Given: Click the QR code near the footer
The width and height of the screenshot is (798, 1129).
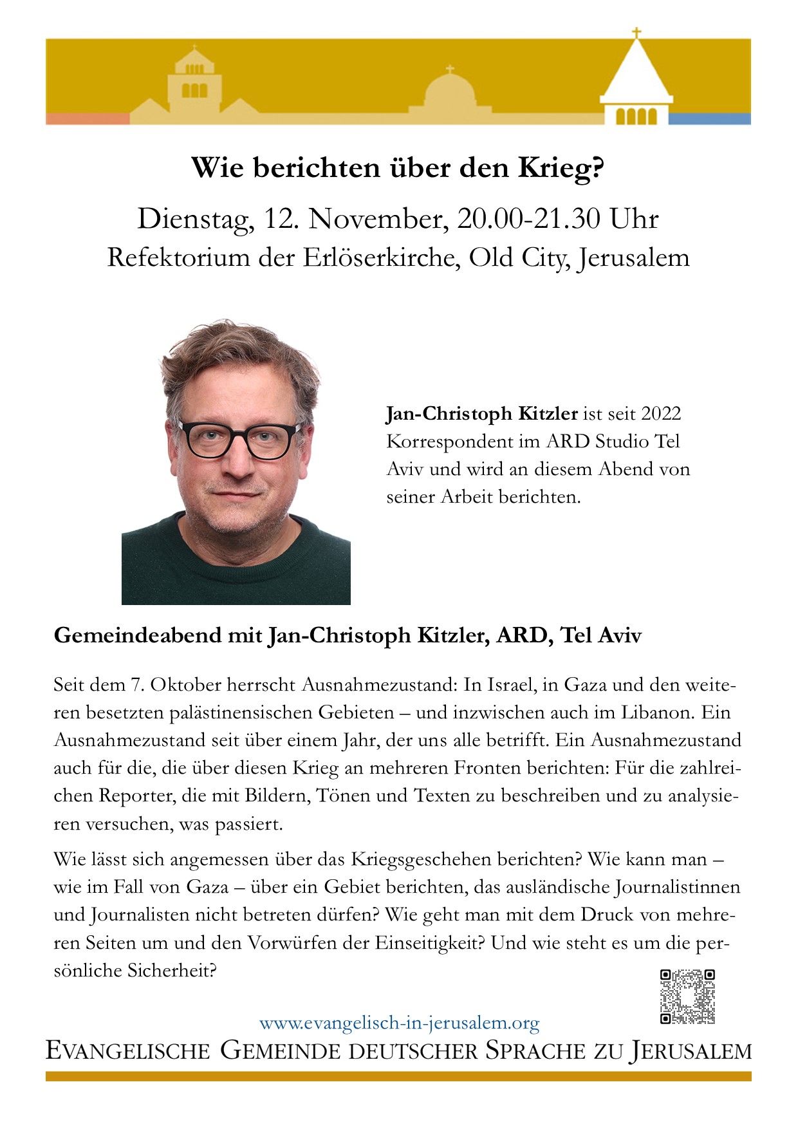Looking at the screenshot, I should [x=687, y=996].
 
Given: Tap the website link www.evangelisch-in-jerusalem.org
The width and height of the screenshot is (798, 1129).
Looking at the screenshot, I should [x=399, y=1022].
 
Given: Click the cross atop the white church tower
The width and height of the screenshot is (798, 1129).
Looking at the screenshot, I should [x=636, y=33].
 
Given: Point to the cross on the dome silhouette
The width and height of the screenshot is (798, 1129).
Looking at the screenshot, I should [x=450, y=69].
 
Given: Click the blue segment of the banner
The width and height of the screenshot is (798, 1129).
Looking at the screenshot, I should [x=709, y=119].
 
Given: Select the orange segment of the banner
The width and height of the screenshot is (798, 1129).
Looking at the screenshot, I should [x=88, y=119].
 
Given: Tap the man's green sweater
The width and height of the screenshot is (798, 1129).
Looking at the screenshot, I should [x=236, y=566].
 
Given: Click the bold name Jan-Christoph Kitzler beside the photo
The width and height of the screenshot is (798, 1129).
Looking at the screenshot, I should [x=481, y=413].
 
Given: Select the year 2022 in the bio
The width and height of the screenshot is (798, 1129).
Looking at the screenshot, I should [x=661, y=413].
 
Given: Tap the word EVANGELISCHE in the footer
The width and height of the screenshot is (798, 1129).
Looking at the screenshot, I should [x=128, y=1051].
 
